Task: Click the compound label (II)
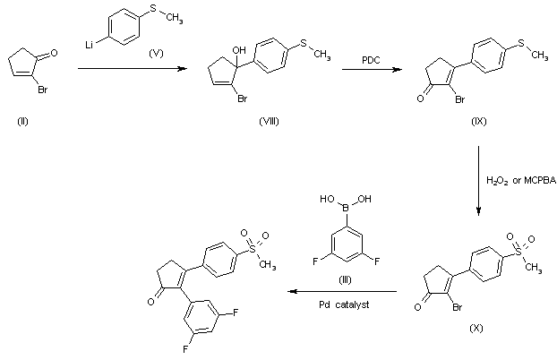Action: point(22,119)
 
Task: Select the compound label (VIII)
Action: point(241,119)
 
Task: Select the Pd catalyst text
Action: point(343,304)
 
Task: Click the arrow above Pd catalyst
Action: point(342,292)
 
